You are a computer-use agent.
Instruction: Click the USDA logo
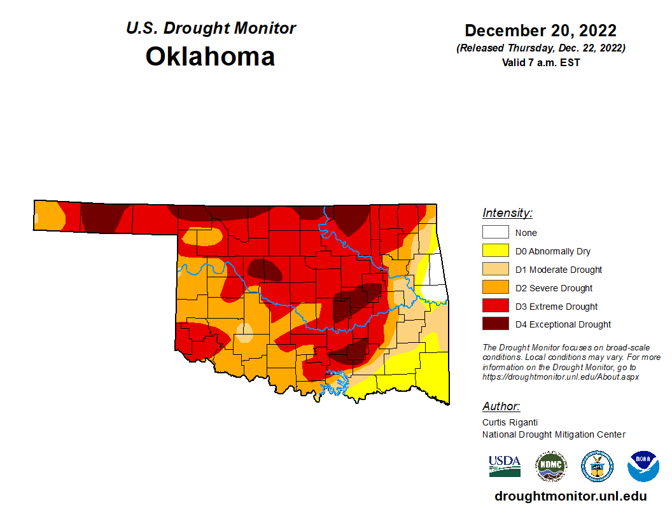tap(505, 466)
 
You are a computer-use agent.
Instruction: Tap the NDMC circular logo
tap(550, 466)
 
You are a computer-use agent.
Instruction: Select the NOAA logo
tap(643, 466)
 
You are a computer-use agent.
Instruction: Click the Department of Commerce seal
tap(597, 466)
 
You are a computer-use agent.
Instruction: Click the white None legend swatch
tap(495, 233)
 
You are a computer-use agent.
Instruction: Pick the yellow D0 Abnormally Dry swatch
tap(495, 251)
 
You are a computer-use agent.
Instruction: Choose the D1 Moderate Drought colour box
tap(495, 270)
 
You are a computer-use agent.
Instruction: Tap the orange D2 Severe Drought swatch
tap(495, 288)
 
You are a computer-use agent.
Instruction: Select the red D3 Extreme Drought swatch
tap(495, 307)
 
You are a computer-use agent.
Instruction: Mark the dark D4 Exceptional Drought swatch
tap(495, 324)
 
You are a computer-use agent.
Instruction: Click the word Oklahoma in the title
tap(210, 57)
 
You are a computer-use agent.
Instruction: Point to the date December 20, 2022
tap(540, 31)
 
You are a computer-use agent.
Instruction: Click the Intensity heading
tap(507, 213)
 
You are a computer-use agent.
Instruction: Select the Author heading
tap(501, 406)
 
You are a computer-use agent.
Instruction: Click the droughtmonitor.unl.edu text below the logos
tap(570, 496)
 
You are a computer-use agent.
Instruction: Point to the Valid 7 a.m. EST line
tap(540, 62)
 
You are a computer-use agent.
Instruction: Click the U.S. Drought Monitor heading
tap(211, 29)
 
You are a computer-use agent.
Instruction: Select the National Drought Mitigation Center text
tap(554, 434)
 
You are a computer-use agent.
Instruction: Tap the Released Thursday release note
tap(540, 48)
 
